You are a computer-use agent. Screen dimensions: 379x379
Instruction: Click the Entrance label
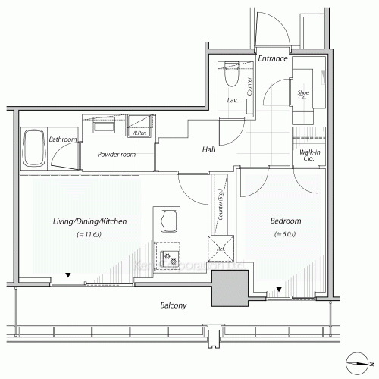tap(271, 58)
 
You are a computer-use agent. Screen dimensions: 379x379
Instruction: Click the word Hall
tap(208, 150)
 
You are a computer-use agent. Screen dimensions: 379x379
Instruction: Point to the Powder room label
tap(117, 154)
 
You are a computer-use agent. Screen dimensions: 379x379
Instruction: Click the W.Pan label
tap(139, 133)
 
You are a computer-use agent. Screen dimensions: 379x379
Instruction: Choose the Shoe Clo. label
tap(301, 95)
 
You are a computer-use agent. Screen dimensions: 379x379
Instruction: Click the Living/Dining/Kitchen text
tap(89, 221)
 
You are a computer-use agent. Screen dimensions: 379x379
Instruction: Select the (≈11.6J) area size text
tap(89, 236)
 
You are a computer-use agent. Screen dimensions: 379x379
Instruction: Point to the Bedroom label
tap(286, 221)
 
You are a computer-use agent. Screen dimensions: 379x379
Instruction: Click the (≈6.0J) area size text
tap(286, 236)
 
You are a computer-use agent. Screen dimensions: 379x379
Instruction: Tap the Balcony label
tap(174, 305)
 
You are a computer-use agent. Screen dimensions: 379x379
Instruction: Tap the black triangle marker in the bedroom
tap(279, 289)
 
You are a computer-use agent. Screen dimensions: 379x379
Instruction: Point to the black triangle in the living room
tap(69, 275)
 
